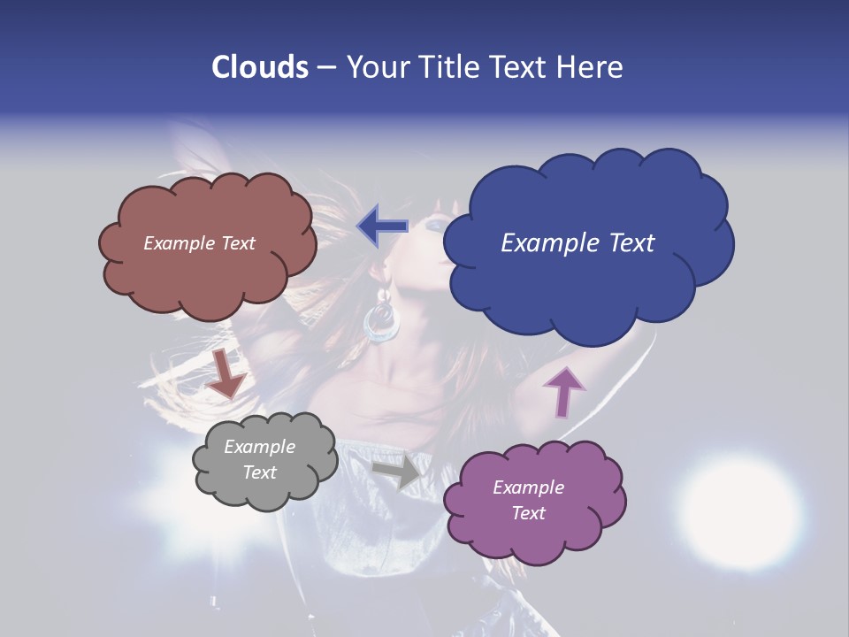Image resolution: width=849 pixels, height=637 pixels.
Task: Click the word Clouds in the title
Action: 259,67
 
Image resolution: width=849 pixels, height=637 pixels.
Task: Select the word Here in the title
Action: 593,67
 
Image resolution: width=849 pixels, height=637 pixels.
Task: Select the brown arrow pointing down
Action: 226,374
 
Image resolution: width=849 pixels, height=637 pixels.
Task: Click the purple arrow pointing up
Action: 563,391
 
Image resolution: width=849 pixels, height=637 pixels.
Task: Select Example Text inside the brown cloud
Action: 199,243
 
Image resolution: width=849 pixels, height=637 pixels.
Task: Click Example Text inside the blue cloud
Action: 577,243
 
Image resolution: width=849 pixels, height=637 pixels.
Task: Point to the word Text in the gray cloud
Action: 259,472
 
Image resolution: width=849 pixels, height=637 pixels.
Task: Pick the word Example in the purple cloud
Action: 528,487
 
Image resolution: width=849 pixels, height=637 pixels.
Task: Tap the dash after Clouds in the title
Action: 325,67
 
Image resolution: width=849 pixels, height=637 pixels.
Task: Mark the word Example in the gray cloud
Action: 259,448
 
